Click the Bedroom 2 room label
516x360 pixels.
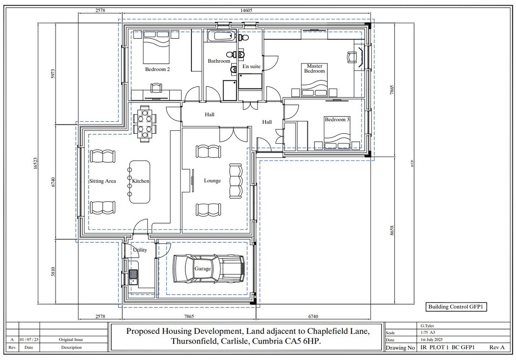(157, 69)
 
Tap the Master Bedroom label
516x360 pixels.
(314, 68)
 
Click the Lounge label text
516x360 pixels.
(212, 181)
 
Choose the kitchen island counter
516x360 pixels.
(140, 182)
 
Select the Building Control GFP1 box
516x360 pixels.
(456, 307)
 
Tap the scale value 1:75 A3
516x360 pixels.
(424, 332)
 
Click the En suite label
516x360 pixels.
(252, 67)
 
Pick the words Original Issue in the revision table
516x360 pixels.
(71, 340)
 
